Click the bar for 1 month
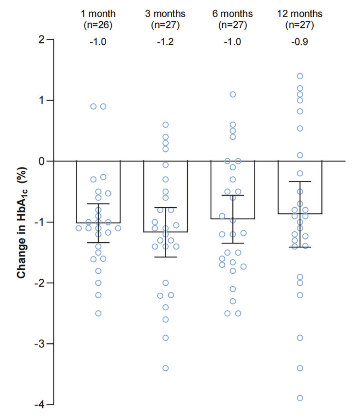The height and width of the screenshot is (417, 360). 98,192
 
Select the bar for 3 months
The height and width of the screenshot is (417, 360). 166,196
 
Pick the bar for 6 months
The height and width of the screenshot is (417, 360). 232,190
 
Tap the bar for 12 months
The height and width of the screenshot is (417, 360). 300,187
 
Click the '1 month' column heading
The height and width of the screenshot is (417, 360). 98,14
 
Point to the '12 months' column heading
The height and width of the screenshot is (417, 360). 300,14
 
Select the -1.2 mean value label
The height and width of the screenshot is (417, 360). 166,42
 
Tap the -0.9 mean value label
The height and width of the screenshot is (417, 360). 300,42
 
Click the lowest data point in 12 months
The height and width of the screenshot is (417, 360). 300,398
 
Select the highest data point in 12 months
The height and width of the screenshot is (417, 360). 300,76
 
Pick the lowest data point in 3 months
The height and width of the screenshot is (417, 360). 166,368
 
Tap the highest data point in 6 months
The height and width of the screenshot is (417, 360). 233,95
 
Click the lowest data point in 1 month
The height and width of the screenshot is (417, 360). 98,313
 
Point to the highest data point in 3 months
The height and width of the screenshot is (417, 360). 166,125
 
